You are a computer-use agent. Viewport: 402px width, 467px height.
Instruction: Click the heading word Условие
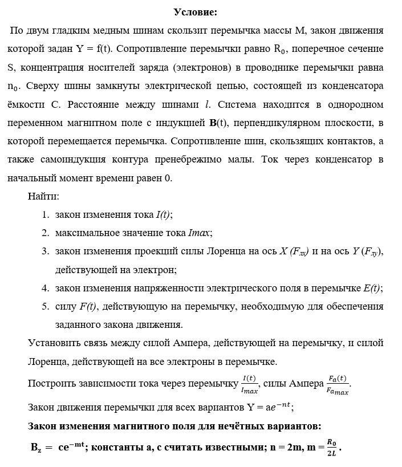tap(195, 11)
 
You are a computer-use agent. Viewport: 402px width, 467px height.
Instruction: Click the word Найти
tap(43, 197)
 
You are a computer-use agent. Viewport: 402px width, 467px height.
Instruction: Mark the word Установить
tap(54, 343)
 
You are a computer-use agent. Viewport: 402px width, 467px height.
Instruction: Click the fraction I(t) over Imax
tap(250, 384)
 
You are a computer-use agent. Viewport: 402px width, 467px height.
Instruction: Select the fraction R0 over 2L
tap(331, 446)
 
